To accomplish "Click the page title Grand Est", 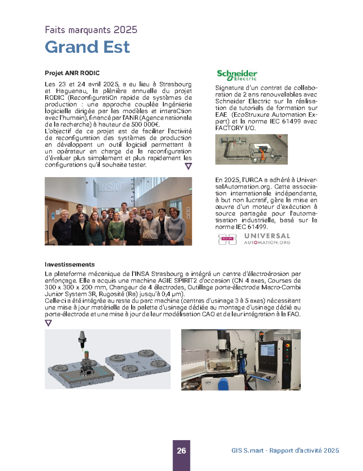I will point(87,47).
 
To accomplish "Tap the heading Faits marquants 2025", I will point(91,30).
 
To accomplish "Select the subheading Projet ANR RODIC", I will point(72,73).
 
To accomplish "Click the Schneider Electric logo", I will point(237,75).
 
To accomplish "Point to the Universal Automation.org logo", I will point(254,239).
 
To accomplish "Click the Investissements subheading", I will point(69,264).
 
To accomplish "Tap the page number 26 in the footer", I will point(181,451).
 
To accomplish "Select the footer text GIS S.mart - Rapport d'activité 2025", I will point(285,451).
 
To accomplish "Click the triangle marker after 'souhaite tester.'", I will point(188,166).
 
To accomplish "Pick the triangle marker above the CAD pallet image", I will point(48,323).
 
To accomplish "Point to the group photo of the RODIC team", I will point(118,211).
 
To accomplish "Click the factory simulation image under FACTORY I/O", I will point(251,149).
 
